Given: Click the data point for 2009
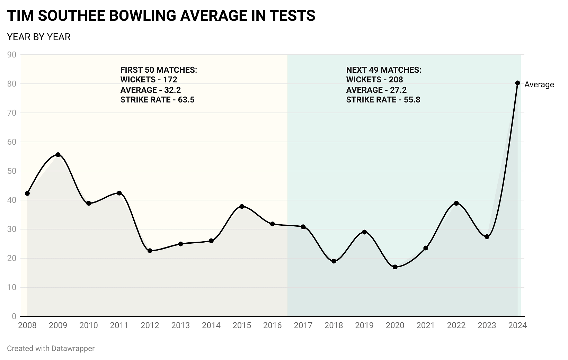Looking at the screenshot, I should [58, 155].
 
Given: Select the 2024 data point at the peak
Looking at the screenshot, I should [517, 83].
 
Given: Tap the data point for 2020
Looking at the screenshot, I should [395, 267].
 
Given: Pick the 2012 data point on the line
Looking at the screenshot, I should [150, 251].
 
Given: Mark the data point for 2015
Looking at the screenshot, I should [242, 207].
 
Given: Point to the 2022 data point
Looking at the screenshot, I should [456, 203].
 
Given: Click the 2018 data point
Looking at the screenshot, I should [334, 261].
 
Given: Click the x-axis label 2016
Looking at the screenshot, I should [272, 326].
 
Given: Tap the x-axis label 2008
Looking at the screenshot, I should [27, 326].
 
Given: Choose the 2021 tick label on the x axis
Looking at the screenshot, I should [425, 326].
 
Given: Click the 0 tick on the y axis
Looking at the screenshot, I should [14, 316].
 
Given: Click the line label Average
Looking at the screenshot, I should [539, 85].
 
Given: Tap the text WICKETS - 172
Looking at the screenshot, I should [149, 80].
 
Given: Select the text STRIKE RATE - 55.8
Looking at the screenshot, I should [383, 100].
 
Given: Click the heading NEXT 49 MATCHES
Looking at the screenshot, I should [383, 70].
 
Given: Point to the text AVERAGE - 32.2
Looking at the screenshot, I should [150, 90].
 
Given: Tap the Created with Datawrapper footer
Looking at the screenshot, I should [51, 349].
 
